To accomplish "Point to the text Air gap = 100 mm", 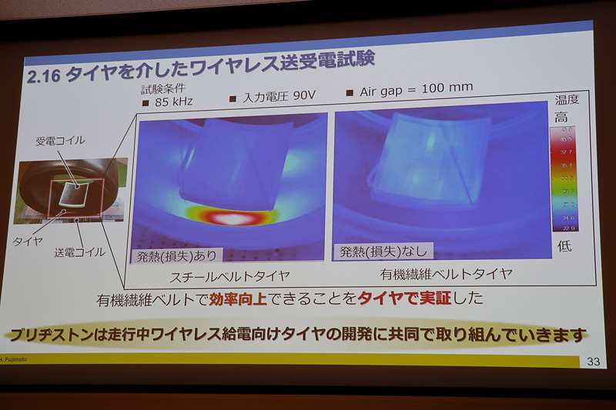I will tap(416, 89).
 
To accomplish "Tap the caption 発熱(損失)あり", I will tap(176, 255).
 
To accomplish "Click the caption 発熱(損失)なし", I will tap(384, 251).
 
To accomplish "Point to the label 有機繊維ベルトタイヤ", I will tap(446, 273).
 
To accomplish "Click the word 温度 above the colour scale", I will tap(567, 100).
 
